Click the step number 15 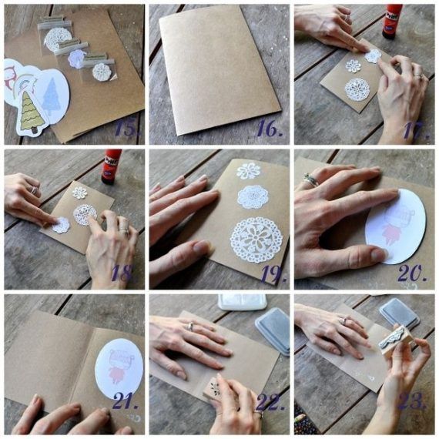127,129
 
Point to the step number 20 413,273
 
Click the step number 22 270,401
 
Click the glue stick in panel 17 392,22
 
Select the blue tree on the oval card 52,96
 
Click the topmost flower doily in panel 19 249,171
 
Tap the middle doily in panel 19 253,197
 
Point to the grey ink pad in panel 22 273,330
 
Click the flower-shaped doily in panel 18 80,193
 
